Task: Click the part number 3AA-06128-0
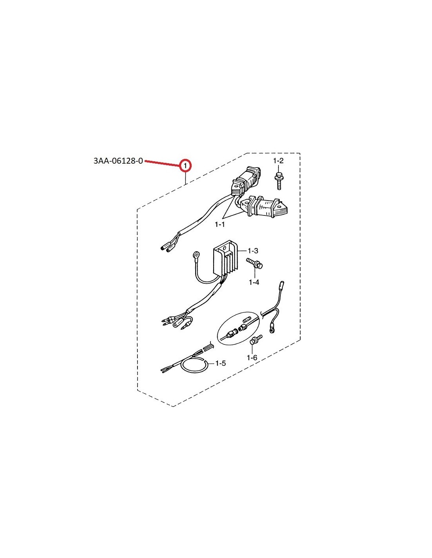[118, 161]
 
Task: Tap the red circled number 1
[185, 166]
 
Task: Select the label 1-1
[220, 224]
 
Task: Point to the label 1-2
[278, 161]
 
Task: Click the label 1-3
[253, 250]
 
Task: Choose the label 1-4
[254, 283]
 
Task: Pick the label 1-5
[220, 363]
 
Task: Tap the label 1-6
[252, 357]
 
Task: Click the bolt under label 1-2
[278, 181]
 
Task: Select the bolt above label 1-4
[254, 264]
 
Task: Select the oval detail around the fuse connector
[239, 328]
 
